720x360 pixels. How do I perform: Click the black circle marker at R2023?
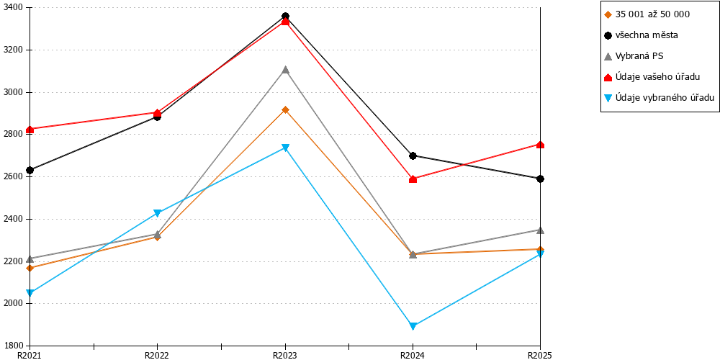pyautogui.click(x=285, y=17)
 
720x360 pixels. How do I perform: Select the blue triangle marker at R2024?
pyautogui.click(x=413, y=326)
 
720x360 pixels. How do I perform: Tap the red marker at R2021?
pyautogui.click(x=30, y=130)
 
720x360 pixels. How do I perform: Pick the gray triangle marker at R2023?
pyautogui.click(x=285, y=70)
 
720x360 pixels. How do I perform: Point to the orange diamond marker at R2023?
pyautogui.click(x=285, y=109)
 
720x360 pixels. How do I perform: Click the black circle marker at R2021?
pyautogui.click(x=30, y=171)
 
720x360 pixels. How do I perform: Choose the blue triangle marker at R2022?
pyautogui.click(x=158, y=213)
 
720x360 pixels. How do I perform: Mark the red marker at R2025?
pyautogui.click(x=541, y=145)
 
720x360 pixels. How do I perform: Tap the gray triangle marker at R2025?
pyautogui.click(x=541, y=230)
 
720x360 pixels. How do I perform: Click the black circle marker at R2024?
pyautogui.click(x=413, y=156)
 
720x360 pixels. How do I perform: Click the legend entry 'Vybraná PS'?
pyautogui.click(x=634, y=56)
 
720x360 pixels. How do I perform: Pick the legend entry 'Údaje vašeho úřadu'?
pyautogui.click(x=652, y=77)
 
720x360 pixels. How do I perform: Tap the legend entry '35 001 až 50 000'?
pyautogui.click(x=647, y=14)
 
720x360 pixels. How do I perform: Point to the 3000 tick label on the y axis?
pyautogui.click(x=18, y=92)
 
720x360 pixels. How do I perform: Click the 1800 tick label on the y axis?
pyautogui.click(x=18, y=346)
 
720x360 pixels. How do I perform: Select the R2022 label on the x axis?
pyautogui.click(x=158, y=355)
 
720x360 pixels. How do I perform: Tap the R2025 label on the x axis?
pyautogui.click(x=540, y=355)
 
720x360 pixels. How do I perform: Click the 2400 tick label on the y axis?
pyautogui.click(x=18, y=219)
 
